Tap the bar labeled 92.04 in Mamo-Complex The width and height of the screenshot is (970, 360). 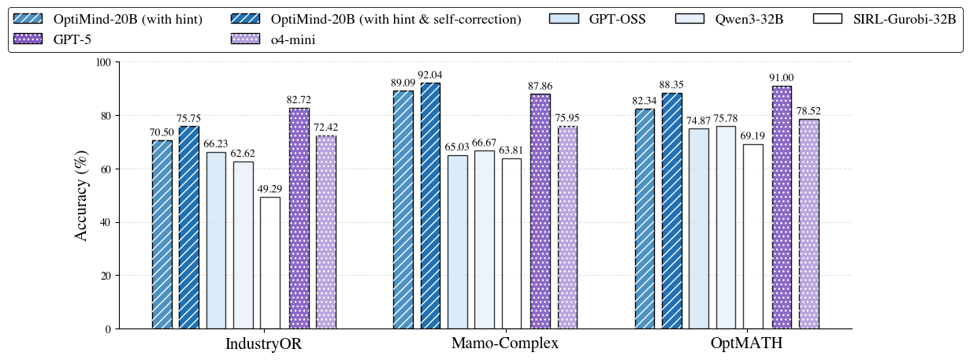pyautogui.click(x=430, y=206)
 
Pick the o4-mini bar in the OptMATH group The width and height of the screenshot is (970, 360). pyautogui.click(x=809, y=224)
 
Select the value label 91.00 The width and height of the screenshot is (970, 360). pyautogui.click(x=782, y=77)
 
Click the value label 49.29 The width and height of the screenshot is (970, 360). pyautogui.click(x=270, y=189)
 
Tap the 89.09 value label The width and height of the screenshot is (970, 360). pyautogui.click(x=403, y=83)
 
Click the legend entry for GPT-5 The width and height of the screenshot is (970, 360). pyautogui.click(x=71, y=39)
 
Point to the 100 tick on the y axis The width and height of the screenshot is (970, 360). pyautogui.click(x=102, y=62)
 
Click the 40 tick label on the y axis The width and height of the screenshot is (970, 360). pyautogui.click(x=105, y=222)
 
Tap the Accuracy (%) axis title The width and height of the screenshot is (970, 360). pyautogui.click(x=81, y=195)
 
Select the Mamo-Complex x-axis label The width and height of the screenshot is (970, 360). pyautogui.click(x=504, y=343)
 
